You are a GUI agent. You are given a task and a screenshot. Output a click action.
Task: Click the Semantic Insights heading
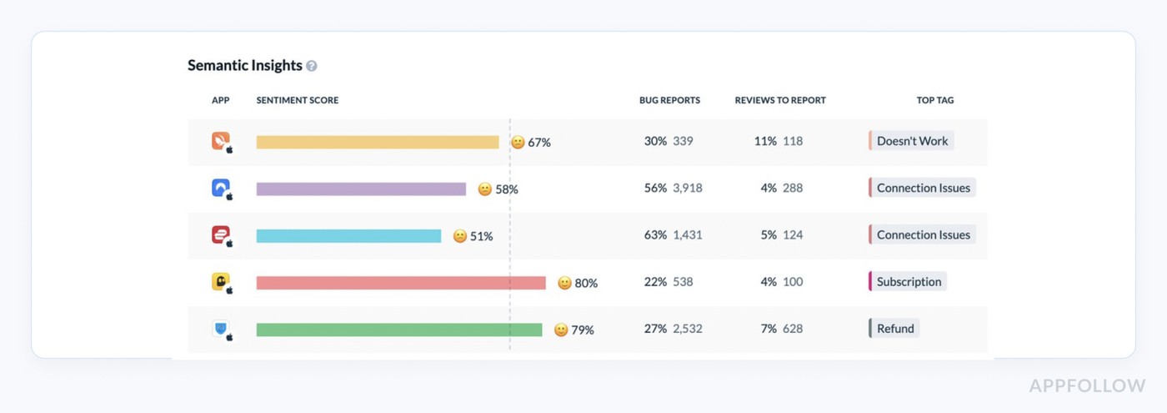244,65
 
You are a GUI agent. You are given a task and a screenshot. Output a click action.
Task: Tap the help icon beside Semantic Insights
312,66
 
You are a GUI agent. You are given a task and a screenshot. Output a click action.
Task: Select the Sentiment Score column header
297,100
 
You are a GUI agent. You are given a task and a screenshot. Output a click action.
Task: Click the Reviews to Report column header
779,100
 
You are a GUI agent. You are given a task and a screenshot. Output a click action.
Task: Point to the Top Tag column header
934,100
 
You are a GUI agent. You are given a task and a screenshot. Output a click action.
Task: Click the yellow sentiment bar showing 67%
377,142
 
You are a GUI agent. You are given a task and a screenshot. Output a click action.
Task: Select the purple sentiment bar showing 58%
361,189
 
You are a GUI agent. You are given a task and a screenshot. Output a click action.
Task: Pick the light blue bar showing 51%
348,236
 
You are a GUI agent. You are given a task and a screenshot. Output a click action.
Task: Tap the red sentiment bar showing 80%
401,283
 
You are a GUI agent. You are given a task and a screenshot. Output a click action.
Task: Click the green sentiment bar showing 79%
398,330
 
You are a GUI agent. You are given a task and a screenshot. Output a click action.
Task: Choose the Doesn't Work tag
912,141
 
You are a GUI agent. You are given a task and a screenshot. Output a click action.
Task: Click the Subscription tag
909,282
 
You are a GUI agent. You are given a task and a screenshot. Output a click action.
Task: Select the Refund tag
895,329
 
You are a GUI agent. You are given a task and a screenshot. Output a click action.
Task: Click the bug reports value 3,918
688,189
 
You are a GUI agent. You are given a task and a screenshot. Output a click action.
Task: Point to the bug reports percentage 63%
655,235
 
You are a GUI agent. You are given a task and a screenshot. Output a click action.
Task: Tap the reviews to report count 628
793,329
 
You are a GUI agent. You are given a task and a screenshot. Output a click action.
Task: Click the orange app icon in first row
221,141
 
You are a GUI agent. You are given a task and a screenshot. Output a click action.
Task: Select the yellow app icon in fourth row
221,282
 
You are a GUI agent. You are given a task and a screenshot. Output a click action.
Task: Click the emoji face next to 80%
564,283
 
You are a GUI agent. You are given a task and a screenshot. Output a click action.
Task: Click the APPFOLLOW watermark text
1087,385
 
